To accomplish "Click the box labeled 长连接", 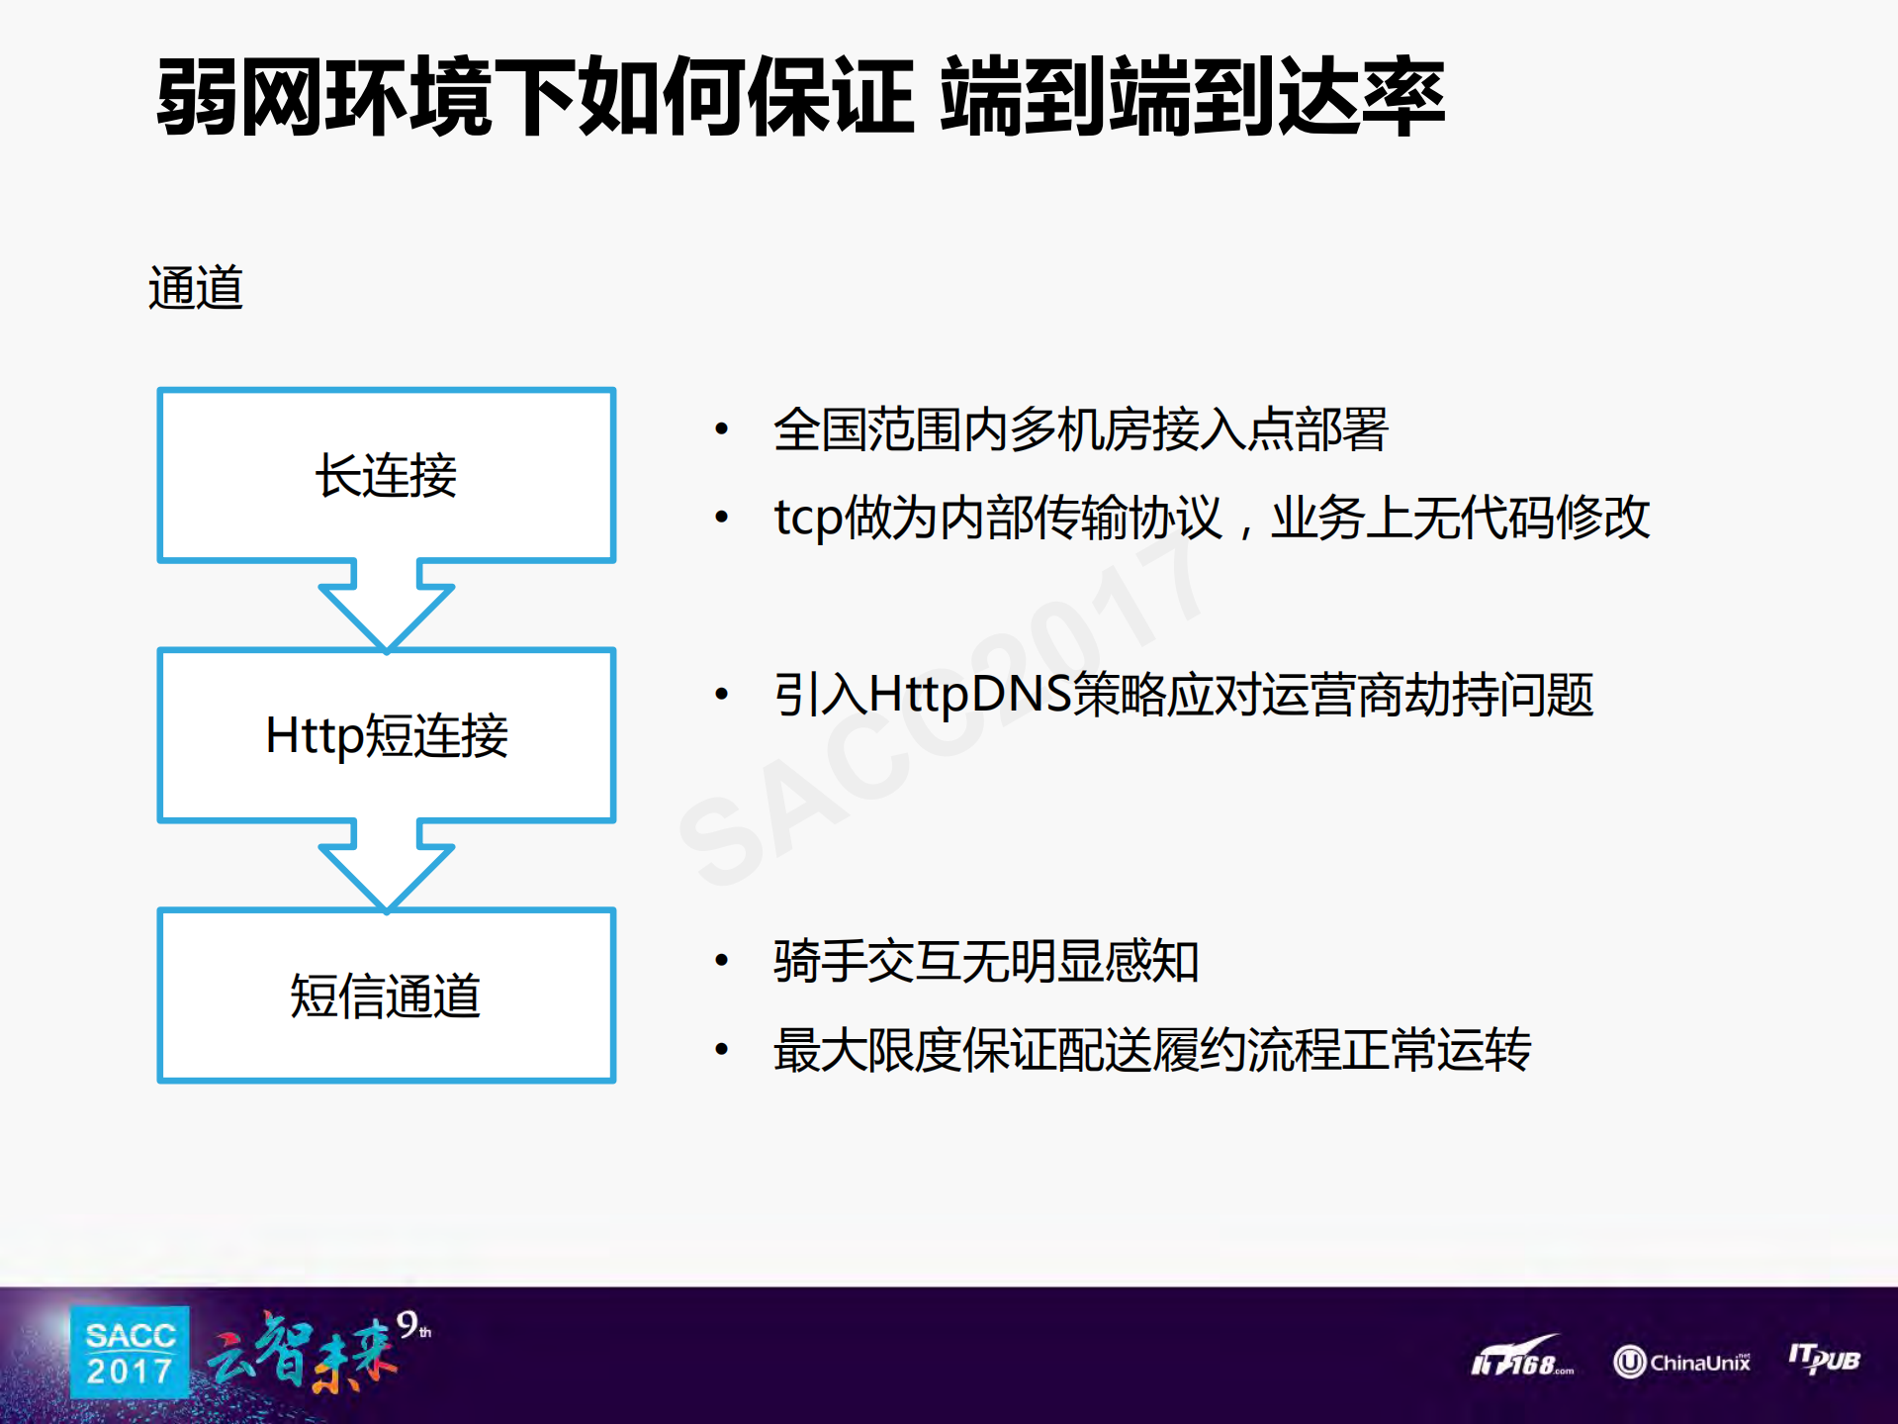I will [x=386, y=475].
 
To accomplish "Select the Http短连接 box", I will [x=386, y=735].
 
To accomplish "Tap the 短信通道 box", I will [x=386, y=995].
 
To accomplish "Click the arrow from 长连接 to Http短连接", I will [x=386, y=604].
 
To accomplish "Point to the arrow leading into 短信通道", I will [x=386, y=864].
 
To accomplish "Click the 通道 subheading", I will [x=196, y=289].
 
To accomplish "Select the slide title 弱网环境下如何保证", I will [x=534, y=97].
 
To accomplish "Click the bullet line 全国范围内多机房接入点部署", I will [x=1080, y=429].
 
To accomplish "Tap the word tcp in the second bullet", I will [x=808, y=518].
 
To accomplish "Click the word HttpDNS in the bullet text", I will [x=969, y=694].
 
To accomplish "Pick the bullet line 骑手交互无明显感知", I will [x=986, y=961].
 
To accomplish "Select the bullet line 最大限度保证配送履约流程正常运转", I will [x=1152, y=1050].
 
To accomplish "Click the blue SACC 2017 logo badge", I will [x=130, y=1353].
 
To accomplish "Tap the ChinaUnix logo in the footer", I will [x=1681, y=1362].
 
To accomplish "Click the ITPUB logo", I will [x=1824, y=1359].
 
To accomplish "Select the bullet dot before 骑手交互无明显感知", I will [x=722, y=961].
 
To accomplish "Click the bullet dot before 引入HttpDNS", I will [x=722, y=695].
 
